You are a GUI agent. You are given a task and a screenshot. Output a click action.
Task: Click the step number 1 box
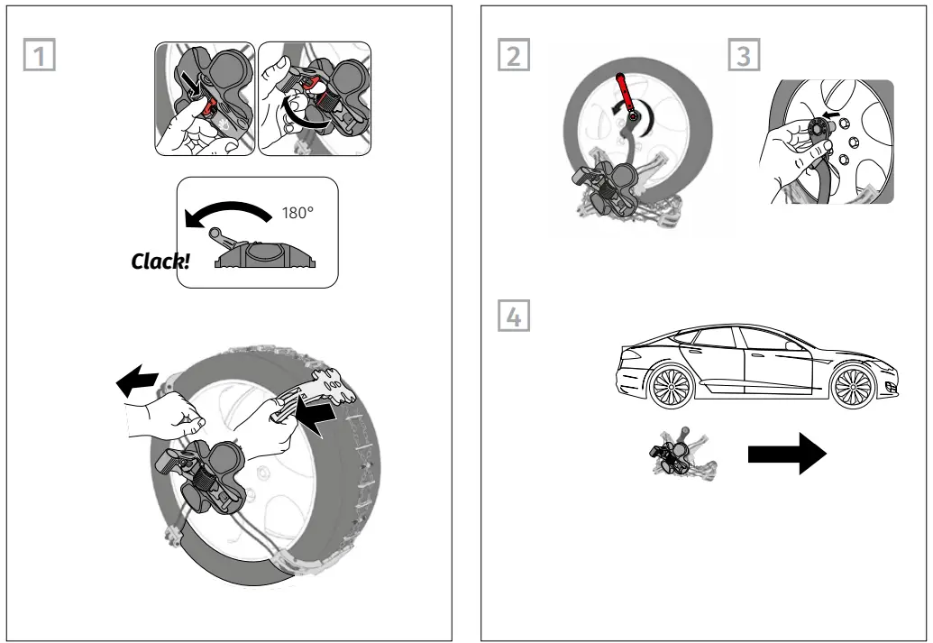click(x=38, y=57)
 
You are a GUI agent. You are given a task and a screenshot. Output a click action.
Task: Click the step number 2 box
click(x=513, y=57)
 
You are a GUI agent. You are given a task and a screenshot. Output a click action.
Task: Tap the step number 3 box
click(x=743, y=57)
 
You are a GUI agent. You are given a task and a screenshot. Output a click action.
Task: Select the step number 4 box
click(x=513, y=317)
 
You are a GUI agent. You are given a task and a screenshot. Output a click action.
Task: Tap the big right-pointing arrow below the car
click(x=786, y=455)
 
